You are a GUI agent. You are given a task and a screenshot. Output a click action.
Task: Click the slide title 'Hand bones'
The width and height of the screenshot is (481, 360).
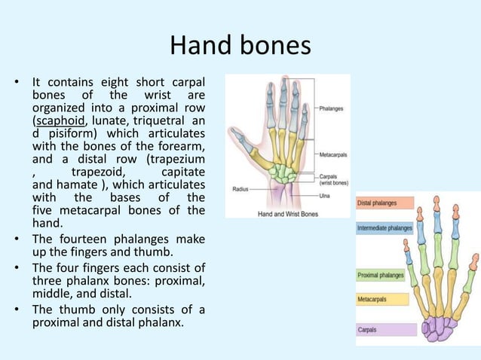[240, 46]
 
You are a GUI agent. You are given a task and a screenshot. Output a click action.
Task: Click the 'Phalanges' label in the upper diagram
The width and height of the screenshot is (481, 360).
[332, 108]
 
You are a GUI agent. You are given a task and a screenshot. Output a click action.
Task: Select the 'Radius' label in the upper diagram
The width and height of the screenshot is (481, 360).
[241, 188]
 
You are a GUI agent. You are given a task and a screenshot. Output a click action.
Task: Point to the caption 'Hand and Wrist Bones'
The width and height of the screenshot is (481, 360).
[288, 213]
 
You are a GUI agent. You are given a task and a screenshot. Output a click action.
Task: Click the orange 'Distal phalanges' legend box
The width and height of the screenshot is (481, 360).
[384, 203]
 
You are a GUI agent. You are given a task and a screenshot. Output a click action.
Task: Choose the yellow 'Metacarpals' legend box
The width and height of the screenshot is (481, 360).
[381, 299]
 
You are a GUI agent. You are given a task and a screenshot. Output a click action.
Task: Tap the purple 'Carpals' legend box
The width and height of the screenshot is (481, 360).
[385, 329]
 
